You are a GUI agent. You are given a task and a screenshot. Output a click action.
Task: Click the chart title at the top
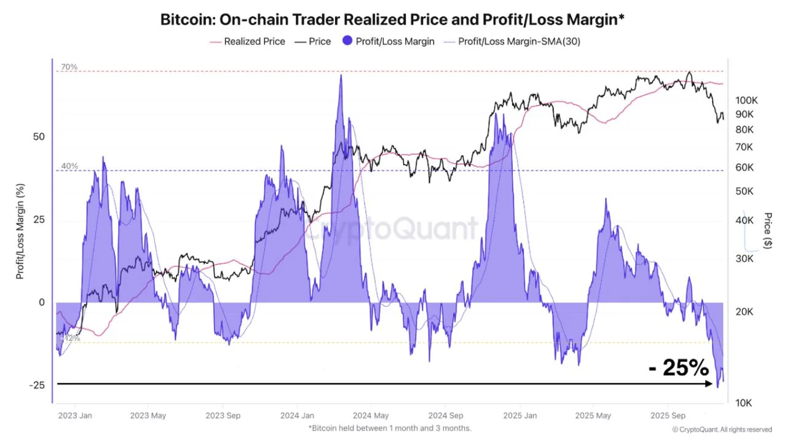[x=393, y=19]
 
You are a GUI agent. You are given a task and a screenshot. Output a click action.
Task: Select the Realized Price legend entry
[x=254, y=42]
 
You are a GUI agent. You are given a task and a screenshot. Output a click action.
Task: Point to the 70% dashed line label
[x=69, y=67]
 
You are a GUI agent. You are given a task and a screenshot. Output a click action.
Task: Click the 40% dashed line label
[x=69, y=166]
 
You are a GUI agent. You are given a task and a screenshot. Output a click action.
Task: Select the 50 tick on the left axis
[x=38, y=136]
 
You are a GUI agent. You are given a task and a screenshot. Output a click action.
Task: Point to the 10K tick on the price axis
[x=743, y=403]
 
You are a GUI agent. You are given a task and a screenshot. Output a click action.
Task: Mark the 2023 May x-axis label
[x=148, y=416]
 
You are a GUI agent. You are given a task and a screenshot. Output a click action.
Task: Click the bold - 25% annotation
[x=679, y=368]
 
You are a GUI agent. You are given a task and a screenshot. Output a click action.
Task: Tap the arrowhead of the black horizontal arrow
[x=707, y=384]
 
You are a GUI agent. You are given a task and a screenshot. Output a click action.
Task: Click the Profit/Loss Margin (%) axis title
[x=20, y=231]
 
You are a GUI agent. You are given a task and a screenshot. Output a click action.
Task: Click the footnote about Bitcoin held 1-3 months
[x=390, y=428]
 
